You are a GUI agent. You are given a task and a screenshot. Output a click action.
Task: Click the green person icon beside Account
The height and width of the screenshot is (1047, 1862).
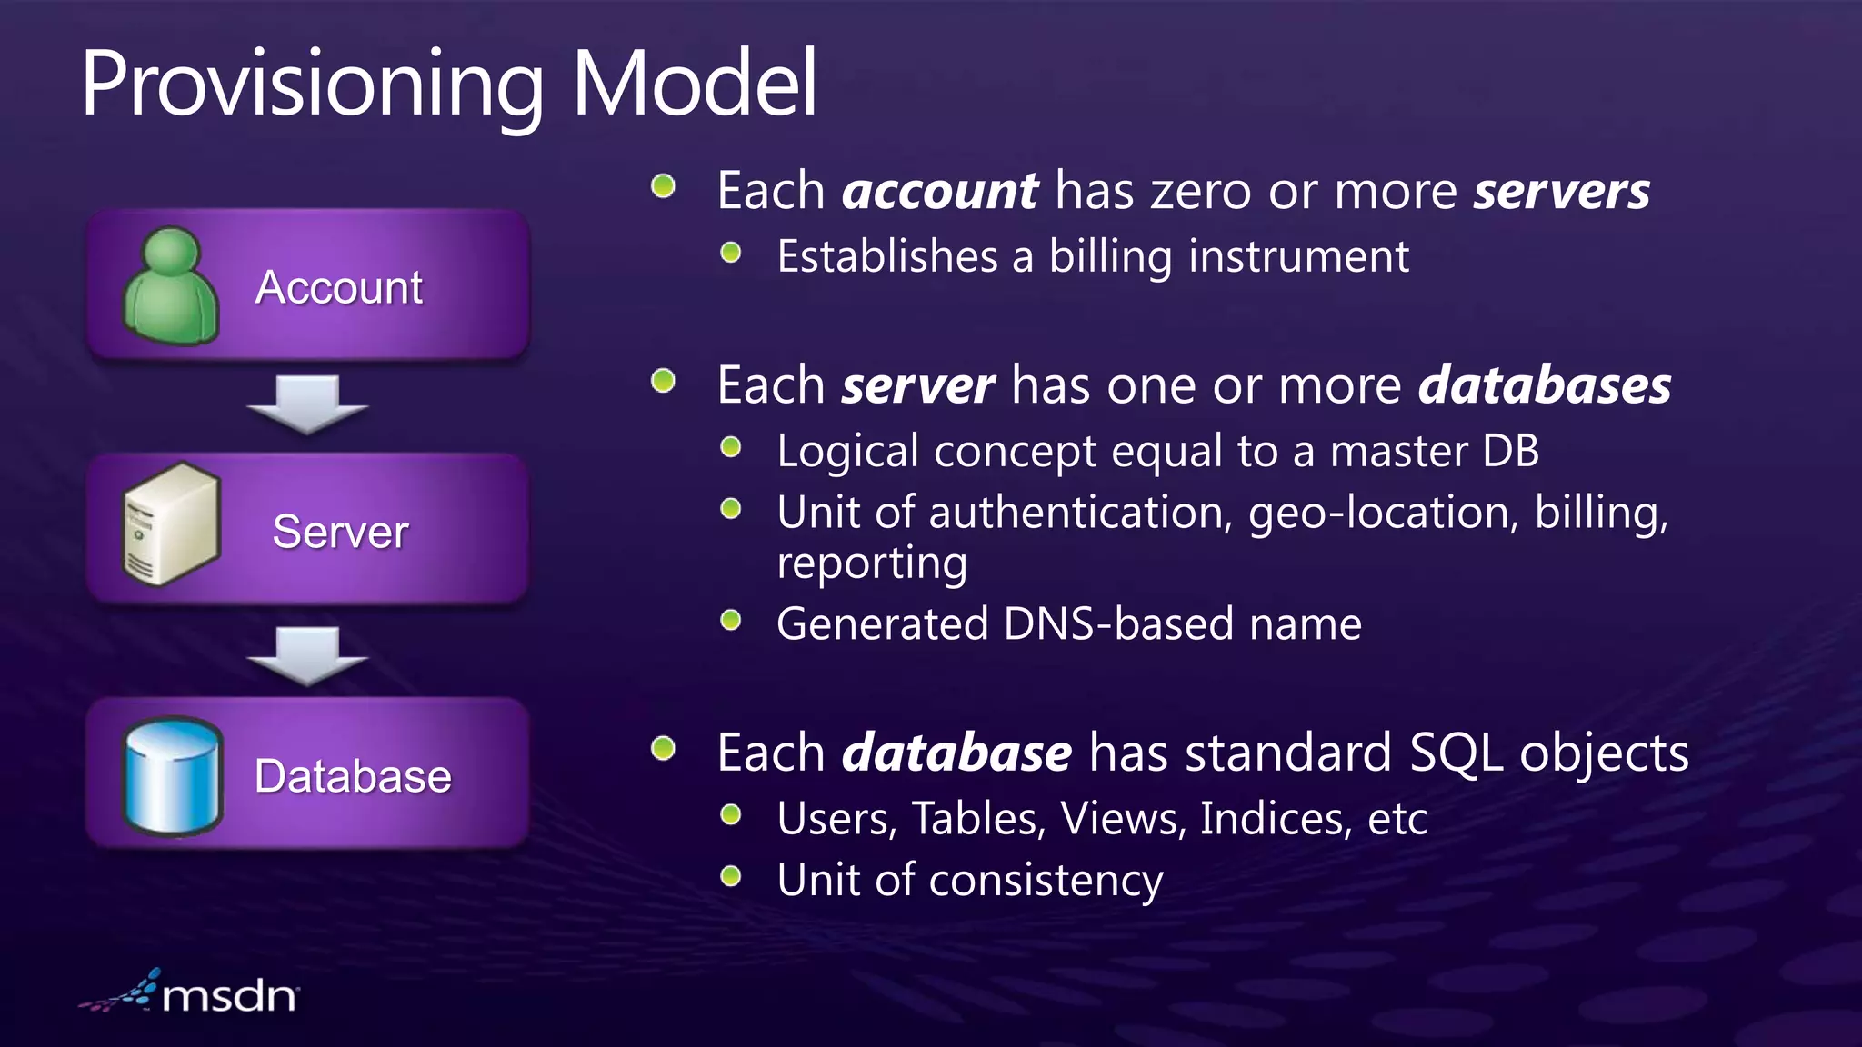[x=170, y=286]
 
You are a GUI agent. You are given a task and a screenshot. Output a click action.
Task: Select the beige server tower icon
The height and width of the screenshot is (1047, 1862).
[x=172, y=524]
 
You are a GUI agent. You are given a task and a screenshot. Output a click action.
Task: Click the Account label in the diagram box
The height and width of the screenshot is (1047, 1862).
[x=339, y=287]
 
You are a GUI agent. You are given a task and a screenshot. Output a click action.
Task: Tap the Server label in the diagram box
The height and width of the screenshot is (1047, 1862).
[x=340, y=532]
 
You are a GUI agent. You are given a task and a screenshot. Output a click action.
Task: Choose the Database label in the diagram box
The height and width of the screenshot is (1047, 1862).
[x=353, y=776]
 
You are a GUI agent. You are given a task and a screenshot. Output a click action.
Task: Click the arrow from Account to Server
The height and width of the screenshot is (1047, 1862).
[x=307, y=404]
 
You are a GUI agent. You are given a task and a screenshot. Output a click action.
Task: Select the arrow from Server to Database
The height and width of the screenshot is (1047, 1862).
[x=307, y=654]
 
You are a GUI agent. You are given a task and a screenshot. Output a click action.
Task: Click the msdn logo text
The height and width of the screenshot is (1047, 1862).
[x=228, y=996]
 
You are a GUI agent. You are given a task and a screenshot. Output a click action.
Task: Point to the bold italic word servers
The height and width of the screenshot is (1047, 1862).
[x=1561, y=191]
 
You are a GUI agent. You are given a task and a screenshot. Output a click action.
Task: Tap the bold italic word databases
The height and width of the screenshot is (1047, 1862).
[x=1544, y=385]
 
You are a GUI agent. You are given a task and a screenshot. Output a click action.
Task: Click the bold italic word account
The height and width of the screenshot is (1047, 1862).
[x=940, y=191]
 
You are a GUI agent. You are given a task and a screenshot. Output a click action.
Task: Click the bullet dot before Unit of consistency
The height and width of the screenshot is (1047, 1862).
[x=731, y=877]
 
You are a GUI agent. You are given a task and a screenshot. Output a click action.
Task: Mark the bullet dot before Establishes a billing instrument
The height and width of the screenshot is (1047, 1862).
[x=731, y=253]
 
